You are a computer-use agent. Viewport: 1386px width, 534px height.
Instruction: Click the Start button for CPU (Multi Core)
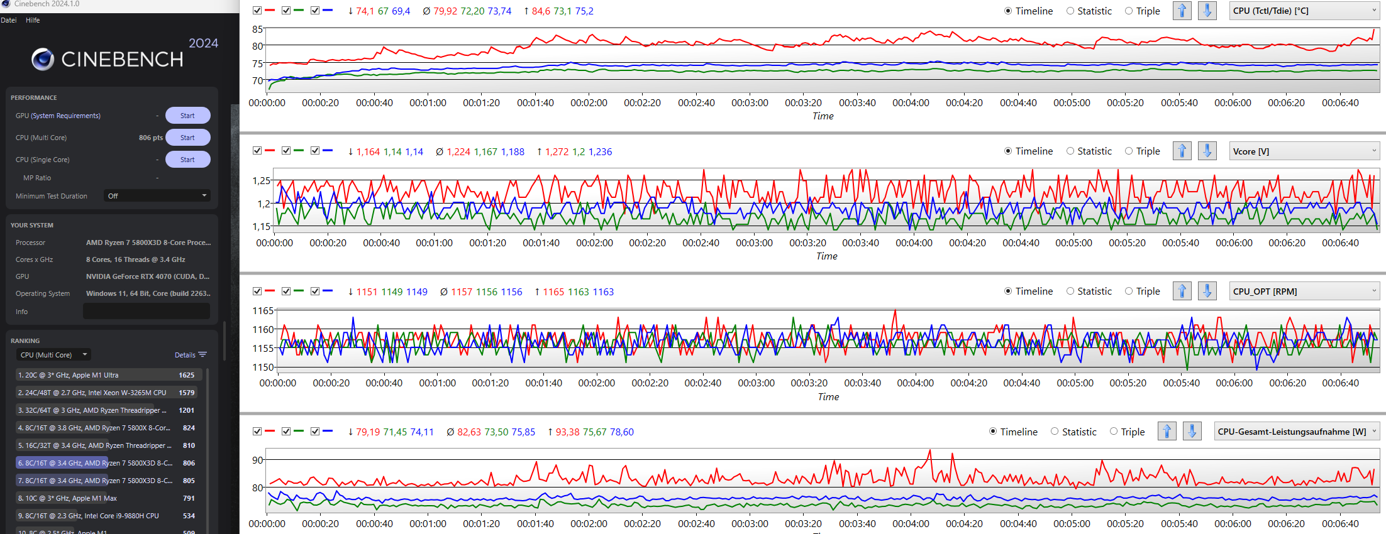click(187, 138)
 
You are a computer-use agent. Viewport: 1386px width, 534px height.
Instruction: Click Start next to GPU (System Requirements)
click(187, 116)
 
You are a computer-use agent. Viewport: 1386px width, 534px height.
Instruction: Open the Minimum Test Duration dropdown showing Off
click(157, 196)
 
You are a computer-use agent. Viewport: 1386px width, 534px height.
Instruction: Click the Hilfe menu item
click(33, 20)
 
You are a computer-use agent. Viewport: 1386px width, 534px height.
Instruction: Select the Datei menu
click(9, 20)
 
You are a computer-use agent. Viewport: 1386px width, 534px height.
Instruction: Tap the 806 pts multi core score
click(151, 138)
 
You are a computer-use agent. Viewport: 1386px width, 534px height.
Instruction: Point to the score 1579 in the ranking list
click(187, 393)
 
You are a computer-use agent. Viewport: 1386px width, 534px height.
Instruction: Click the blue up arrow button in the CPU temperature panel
click(1182, 11)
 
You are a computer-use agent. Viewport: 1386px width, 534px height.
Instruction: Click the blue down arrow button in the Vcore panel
click(1207, 151)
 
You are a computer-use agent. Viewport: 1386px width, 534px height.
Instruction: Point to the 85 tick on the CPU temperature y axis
click(258, 30)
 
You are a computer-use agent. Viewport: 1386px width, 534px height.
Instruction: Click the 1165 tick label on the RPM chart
click(263, 311)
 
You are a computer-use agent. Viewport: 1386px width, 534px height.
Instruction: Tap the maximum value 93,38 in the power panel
click(568, 432)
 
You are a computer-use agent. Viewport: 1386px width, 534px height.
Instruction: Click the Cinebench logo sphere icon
click(43, 59)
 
